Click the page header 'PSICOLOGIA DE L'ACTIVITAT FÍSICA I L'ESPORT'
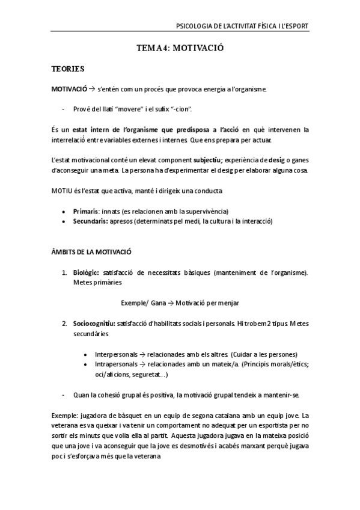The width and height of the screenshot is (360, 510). pos(241,26)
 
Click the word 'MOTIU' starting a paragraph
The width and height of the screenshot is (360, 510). pos(61,191)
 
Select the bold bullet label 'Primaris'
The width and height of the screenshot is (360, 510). pos(87,211)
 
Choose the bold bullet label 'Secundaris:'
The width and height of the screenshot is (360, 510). pos(91,221)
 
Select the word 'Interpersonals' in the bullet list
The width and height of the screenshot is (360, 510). pos(115,354)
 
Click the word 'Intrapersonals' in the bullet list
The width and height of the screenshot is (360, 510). pos(115,364)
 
